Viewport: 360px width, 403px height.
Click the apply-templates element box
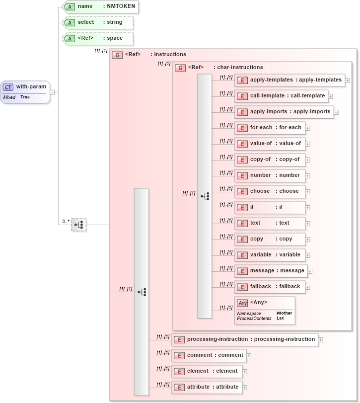(x=290, y=80)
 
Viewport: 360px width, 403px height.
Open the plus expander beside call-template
(x=331, y=96)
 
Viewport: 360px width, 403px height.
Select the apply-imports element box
(x=284, y=112)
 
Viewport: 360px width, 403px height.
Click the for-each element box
(x=270, y=128)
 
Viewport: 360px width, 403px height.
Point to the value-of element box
(x=270, y=144)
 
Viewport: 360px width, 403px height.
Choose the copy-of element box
(x=270, y=160)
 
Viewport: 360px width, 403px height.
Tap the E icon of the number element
(x=242, y=176)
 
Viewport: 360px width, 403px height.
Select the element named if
(x=270, y=207)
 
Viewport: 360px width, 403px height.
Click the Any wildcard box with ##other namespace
(x=265, y=311)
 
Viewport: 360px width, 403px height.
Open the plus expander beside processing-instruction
(x=321, y=340)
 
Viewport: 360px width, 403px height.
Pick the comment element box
(x=209, y=355)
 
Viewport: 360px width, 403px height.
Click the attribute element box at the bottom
(x=207, y=387)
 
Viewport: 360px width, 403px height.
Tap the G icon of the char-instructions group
(x=180, y=68)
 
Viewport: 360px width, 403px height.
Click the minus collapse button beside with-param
(x=52, y=92)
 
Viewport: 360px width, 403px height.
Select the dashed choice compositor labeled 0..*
(x=78, y=225)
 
